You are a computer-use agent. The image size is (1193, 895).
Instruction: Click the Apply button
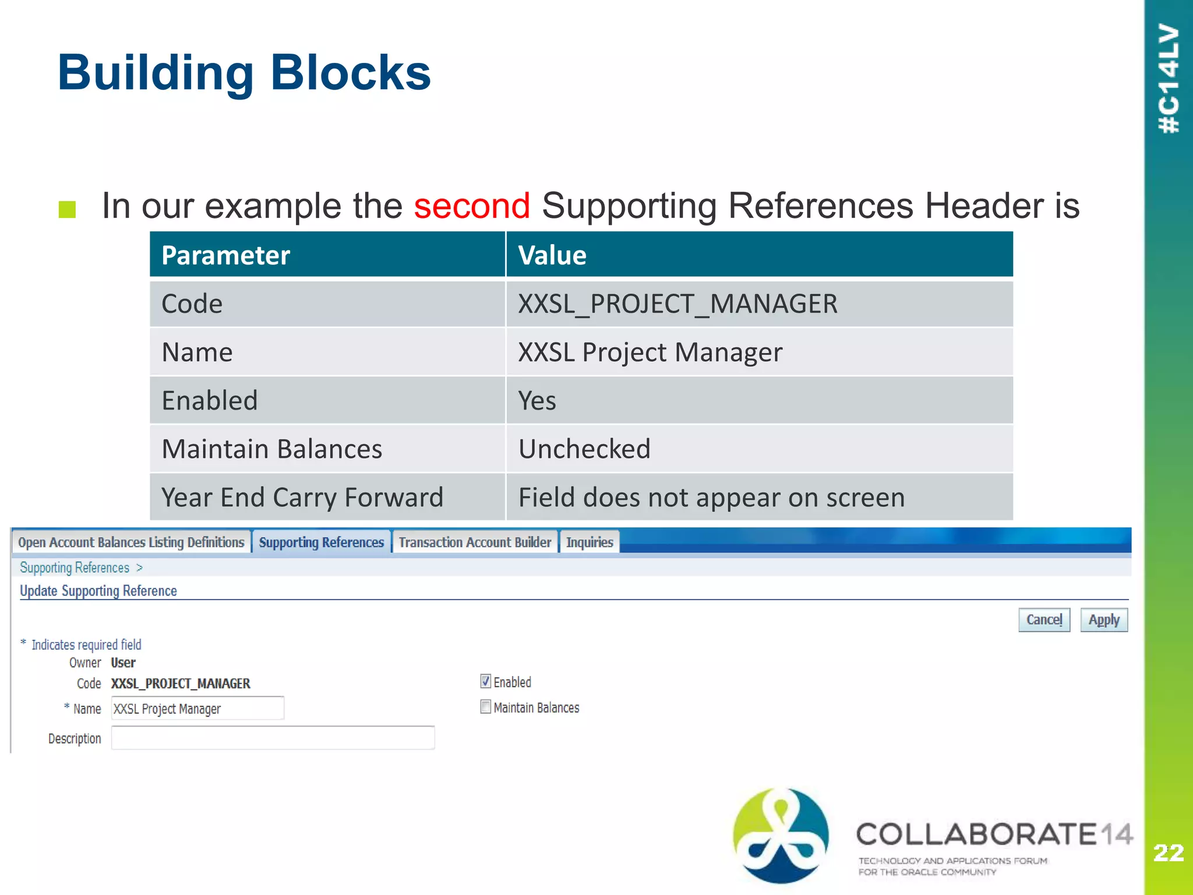point(1103,619)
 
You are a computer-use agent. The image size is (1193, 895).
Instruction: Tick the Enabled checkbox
point(485,681)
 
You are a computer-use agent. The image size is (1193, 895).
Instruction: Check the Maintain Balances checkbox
point(485,707)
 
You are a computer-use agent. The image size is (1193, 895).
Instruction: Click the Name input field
point(197,709)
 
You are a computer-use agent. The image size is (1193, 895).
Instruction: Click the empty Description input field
point(273,738)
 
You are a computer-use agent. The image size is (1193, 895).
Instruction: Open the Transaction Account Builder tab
point(475,542)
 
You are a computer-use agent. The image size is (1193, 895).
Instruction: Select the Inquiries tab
point(590,542)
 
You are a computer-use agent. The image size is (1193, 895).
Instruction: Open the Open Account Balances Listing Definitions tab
point(131,542)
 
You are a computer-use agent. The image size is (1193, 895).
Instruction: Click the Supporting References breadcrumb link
point(75,568)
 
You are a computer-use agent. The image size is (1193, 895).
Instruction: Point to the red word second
point(472,206)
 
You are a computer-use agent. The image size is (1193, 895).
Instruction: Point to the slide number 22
point(1168,853)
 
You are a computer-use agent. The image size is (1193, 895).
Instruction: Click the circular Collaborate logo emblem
point(781,836)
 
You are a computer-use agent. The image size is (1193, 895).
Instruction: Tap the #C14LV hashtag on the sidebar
point(1169,79)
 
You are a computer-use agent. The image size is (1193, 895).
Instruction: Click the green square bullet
point(68,209)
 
